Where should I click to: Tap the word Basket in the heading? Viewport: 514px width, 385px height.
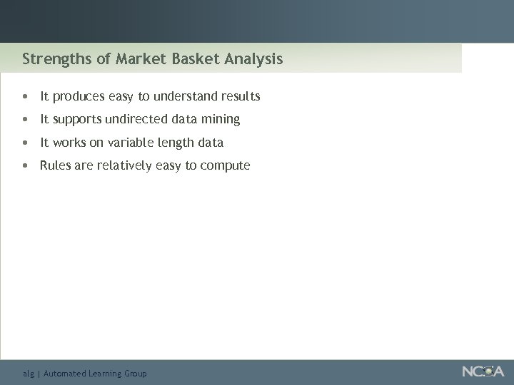pos(196,58)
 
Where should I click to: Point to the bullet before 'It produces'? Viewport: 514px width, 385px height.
pos(26,96)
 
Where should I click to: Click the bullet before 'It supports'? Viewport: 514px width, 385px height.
pos(26,120)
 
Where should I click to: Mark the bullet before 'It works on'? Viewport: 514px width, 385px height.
pos(26,143)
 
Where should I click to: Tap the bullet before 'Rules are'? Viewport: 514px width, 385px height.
pos(26,166)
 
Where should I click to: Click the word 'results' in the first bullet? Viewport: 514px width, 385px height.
pos(241,96)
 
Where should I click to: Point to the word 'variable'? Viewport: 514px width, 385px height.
pos(131,143)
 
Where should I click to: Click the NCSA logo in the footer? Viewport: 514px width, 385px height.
pos(483,371)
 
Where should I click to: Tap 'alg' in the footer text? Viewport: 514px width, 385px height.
pos(29,374)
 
